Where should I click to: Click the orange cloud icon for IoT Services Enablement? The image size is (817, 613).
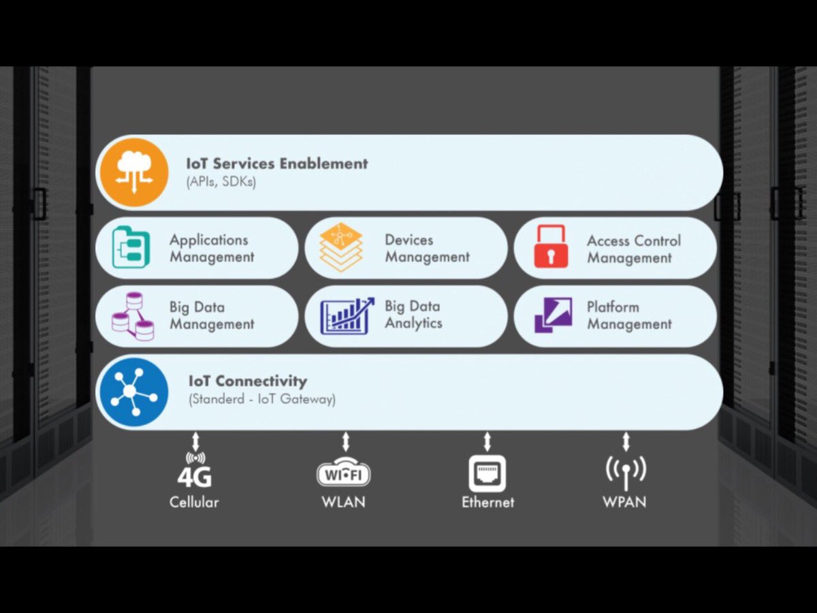pyautogui.click(x=133, y=172)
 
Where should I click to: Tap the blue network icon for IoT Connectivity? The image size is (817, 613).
pyautogui.click(x=133, y=392)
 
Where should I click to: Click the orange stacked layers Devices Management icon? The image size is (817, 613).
pyautogui.click(x=341, y=248)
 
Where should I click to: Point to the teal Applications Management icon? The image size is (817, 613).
pyautogui.click(x=131, y=247)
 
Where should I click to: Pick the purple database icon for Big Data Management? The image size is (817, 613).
pyautogui.click(x=133, y=316)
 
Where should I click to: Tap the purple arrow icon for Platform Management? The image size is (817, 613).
pyautogui.click(x=553, y=315)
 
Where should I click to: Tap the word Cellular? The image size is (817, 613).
pyautogui.click(x=195, y=503)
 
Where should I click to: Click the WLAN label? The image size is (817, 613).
pyautogui.click(x=344, y=502)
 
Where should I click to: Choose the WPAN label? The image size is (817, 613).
pyautogui.click(x=624, y=503)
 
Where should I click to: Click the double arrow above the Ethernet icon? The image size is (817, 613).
pyautogui.click(x=487, y=441)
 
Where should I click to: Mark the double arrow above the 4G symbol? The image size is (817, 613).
pyautogui.click(x=195, y=441)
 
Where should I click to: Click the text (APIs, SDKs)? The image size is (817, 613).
pyautogui.click(x=221, y=182)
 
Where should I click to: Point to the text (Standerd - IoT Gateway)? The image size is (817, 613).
pyautogui.click(x=262, y=399)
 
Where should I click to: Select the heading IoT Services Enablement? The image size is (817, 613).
pyautogui.click(x=276, y=163)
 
